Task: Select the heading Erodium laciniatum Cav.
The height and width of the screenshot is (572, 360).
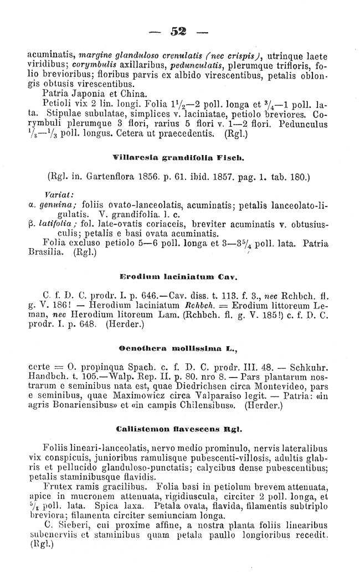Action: (x=178, y=275)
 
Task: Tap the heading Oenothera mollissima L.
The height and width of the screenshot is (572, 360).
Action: (x=178, y=350)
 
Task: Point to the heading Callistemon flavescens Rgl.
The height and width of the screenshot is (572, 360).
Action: (x=178, y=429)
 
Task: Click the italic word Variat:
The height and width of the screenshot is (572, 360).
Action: (x=56, y=195)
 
